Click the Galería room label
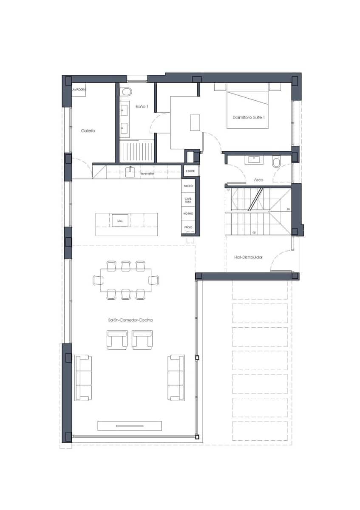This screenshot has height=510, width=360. point(88,131)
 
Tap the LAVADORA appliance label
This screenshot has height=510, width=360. point(79,90)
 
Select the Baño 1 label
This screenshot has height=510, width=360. point(142,106)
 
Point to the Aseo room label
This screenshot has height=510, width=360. point(258,180)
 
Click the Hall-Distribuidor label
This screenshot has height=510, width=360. point(248,257)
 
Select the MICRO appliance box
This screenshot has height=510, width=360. point(188,186)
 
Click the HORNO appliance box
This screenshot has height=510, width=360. point(188,213)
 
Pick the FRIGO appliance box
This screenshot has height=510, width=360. point(188,227)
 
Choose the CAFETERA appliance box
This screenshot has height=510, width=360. point(188,200)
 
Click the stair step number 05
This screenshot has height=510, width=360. point(254,232)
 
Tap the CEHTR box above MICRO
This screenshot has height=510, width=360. point(190,171)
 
